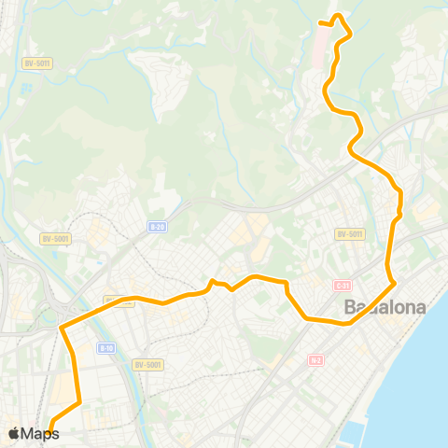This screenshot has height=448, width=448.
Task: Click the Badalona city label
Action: (x=385, y=307)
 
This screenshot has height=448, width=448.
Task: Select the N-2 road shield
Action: (x=315, y=359)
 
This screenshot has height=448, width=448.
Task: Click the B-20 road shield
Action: (x=157, y=225)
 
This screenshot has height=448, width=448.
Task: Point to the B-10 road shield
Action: (x=107, y=348)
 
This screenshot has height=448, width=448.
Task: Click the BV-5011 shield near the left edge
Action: (x=35, y=63)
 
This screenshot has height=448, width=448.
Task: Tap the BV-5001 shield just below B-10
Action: (x=147, y=364)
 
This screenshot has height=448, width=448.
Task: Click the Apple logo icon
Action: (x=14, y=433)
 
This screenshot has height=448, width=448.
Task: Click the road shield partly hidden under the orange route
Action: (x=121, y=301)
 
